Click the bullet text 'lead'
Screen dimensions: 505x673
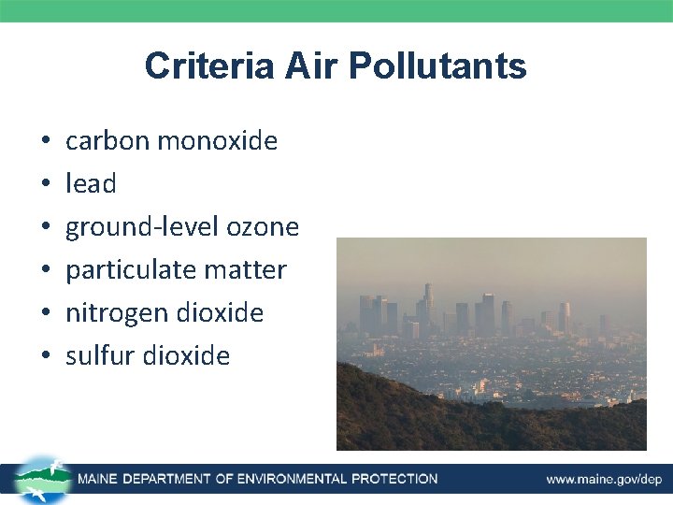point(91,184)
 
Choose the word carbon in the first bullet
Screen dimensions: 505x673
point(107,141)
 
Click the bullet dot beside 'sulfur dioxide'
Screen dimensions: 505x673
point(46,356)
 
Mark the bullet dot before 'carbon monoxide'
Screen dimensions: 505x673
point(46,142)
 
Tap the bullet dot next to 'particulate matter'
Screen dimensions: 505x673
point(46,271)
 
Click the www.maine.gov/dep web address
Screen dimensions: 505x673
point(604,480)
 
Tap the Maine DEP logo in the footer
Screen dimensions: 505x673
point(40,480)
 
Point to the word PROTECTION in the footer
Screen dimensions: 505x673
point(394,480)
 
